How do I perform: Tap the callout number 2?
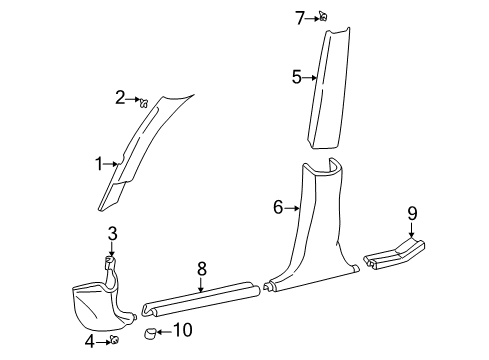click(x=120, y=97)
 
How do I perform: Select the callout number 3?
click(x=112, y=233)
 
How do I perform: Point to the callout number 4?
click(x=90, y=343)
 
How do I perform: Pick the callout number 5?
click(x=296, y=76)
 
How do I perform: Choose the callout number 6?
click(x=278, y=208)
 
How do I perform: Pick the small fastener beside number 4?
click(x=115, y=342)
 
